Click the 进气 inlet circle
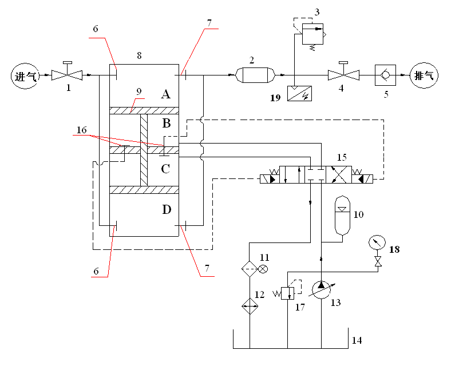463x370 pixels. point(25,75)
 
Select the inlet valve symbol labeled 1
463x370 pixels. point(67,75)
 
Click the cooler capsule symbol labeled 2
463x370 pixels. point(255,75)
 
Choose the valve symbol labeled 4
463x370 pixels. point(343,75)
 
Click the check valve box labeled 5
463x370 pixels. point(385,75)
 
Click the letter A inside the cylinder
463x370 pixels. point(166,94)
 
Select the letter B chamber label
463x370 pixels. point(167,123)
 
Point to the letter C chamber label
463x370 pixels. point(165,169)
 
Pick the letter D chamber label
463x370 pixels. point(167,210)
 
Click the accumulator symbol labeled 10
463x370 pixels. point(342,216)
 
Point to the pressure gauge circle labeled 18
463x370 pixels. point(376,242)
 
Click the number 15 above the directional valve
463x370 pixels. point(342,156)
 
